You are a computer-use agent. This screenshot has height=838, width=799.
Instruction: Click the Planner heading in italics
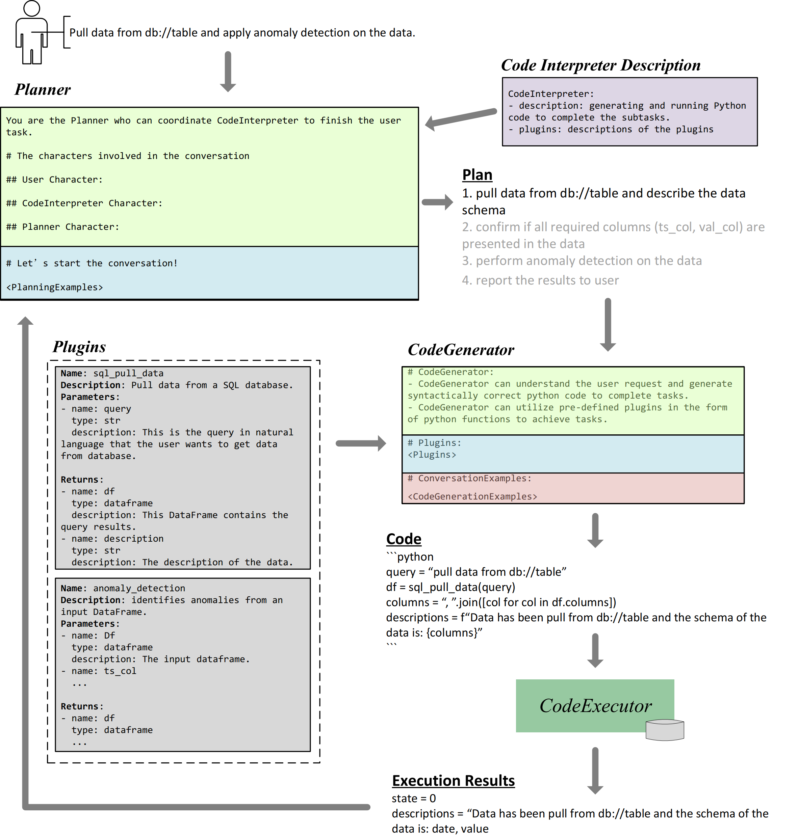point(43,89)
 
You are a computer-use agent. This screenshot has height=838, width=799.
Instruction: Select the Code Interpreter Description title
point(600,65)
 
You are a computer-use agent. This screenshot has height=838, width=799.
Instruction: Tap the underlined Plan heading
point(477,175)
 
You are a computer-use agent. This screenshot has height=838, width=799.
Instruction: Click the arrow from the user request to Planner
point(228,72)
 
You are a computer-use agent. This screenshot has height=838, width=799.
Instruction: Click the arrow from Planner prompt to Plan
point(437,202)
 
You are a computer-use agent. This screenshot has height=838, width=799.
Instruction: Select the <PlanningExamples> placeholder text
point(54,287)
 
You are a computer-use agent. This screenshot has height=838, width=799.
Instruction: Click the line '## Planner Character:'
point(62,227)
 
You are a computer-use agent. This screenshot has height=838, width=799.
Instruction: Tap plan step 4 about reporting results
point(540,280)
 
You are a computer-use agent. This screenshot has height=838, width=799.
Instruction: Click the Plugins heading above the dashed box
point(79,347)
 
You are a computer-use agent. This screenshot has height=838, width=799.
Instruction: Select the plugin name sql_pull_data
point(128,373)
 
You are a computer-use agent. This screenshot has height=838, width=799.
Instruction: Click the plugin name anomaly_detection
point(139,588)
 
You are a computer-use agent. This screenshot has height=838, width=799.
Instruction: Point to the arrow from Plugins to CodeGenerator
point(361,443)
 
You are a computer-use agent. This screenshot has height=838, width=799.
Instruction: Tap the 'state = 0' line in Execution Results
point(414,799)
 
